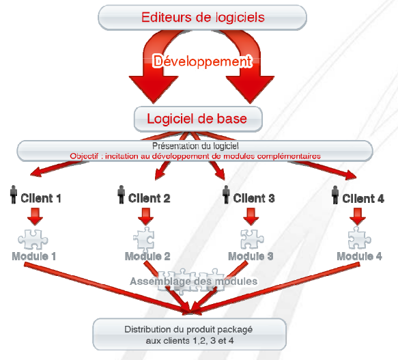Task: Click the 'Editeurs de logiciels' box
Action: point(202,18)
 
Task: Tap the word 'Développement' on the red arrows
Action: point(203,61)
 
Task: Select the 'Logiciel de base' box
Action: point(198,119)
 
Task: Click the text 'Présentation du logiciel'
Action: point(195,146)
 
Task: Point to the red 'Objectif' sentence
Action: point(195,156)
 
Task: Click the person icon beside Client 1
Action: point(14,195)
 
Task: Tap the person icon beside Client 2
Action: point(122,195)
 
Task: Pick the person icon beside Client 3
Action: point(226,195)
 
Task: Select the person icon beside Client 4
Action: point(335,195)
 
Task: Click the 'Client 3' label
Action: point(254,198)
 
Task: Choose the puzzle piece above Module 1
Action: point(33,240)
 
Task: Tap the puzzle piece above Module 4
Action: point(359,238)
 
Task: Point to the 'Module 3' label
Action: point(251,256)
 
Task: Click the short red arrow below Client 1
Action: point(35,217)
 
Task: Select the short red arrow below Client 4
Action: point(358,217)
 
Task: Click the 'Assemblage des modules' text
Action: point(194,281)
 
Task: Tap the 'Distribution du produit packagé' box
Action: point(189,334)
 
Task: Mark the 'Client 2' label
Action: point(150,198)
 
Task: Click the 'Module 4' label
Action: point(359,256)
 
